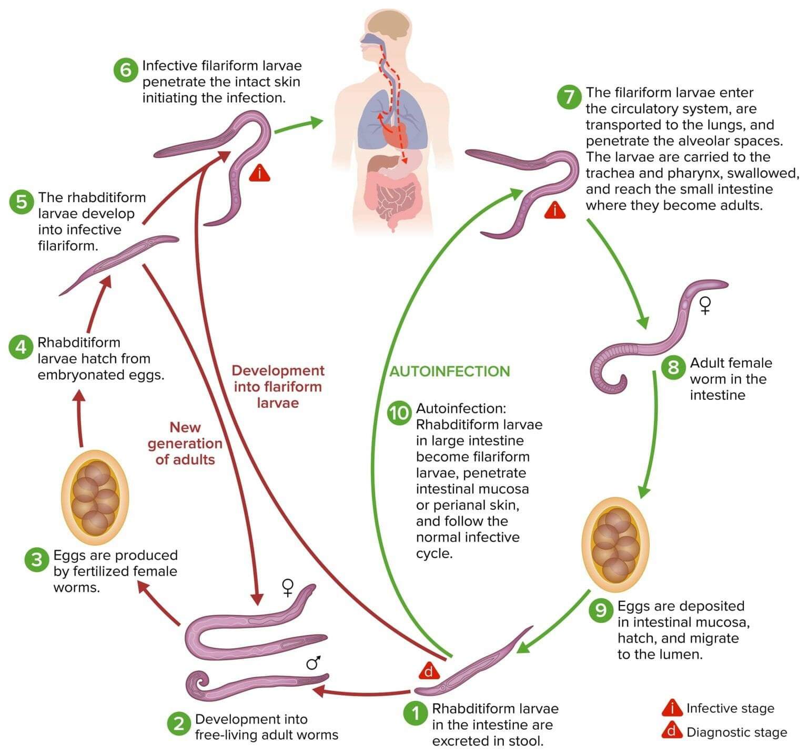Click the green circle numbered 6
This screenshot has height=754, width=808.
pos(125,69)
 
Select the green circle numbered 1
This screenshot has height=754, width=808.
pos(416,713)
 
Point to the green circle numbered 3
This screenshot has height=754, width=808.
pos(37,559)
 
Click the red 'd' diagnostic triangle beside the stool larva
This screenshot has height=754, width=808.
pos(429,671)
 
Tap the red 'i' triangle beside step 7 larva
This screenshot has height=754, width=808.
pos(554,211)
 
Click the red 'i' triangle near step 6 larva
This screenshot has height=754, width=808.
pos(260,173)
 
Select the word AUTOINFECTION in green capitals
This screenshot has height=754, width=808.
pos(449,371)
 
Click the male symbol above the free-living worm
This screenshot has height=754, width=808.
pos(314,662)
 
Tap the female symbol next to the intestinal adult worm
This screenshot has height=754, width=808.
pos(705,305)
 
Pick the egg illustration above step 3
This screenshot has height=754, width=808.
pos(95,497)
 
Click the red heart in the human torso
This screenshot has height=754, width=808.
pos(393,136)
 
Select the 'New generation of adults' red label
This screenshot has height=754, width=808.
pos(185,444)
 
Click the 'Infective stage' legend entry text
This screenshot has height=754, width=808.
pos(730,708)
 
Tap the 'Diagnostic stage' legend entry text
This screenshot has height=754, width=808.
pos(736,732)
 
